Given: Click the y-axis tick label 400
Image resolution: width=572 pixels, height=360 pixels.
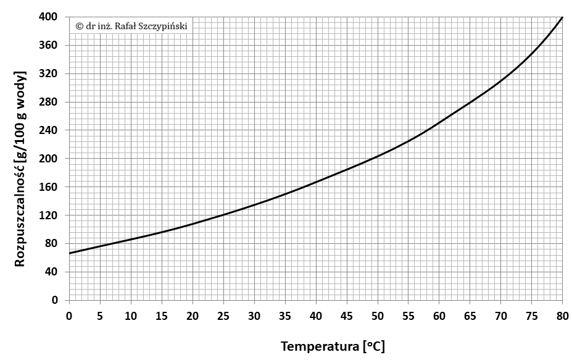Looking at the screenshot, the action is [x=48, y=17].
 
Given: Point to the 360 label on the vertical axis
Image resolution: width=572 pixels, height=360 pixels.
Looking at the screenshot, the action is [x=48, y=45].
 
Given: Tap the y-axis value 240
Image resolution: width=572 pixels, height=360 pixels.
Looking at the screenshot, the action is [x=48, y=130].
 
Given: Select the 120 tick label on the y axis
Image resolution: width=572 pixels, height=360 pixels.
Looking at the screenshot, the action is [x=48, y=216].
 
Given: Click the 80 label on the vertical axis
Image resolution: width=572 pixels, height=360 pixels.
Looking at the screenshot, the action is [x=51, y=243].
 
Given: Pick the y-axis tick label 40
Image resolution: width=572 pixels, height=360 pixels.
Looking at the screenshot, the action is [x=51, y=272].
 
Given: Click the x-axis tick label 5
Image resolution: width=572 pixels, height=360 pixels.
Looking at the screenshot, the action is [x=100, y=316].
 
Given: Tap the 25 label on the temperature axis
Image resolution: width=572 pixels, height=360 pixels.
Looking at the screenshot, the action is [x=223, y=316].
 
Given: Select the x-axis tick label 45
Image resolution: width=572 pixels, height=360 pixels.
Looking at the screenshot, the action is [x=347, y=316].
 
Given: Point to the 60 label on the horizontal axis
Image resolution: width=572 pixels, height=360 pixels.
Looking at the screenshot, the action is [x=439, y=316].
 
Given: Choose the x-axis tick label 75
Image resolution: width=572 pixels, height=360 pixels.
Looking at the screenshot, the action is [x=532, y=316].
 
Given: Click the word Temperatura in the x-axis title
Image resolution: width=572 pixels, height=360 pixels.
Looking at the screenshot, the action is [x=320, y=346].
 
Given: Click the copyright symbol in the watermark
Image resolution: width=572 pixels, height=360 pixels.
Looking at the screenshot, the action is [x=79, y=26].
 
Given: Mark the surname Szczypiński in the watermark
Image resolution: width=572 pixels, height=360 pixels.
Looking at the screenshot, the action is [x=166, y=27].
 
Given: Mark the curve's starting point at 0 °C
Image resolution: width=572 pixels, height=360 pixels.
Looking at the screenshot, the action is [x=69, y=253].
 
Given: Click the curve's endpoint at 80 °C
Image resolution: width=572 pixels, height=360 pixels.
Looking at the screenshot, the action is [x=562, y=17].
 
